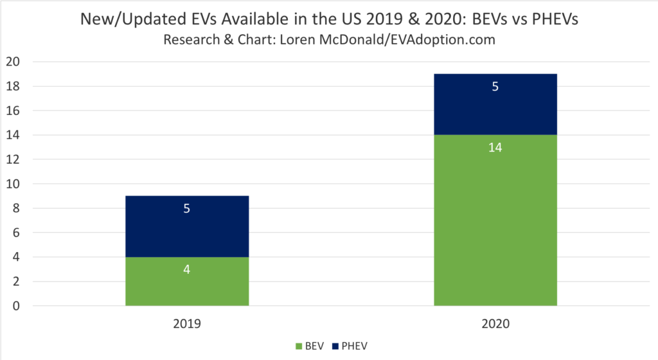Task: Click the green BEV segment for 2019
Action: (187, 289)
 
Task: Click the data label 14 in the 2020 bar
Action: (495, 147)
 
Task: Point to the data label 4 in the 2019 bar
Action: (187, 269)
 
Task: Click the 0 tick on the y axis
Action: (16, 306)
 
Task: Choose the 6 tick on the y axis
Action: (16, 233)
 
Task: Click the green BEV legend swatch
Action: (299, 346)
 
